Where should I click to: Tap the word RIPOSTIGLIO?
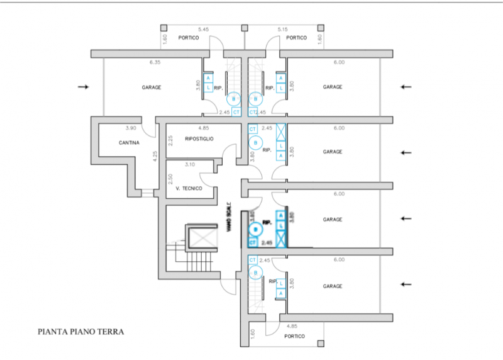click(x=200, y=138)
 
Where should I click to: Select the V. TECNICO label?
click(x=189, y=188)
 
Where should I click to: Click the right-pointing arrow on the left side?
click(x=83, y=87)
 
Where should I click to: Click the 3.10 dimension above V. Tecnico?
click(x=189, y=164)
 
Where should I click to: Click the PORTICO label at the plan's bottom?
click(x=294, y=336)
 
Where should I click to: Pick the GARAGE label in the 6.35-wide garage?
click(x=151, y=87)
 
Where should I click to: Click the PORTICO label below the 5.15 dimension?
click(x=296, y=38)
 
